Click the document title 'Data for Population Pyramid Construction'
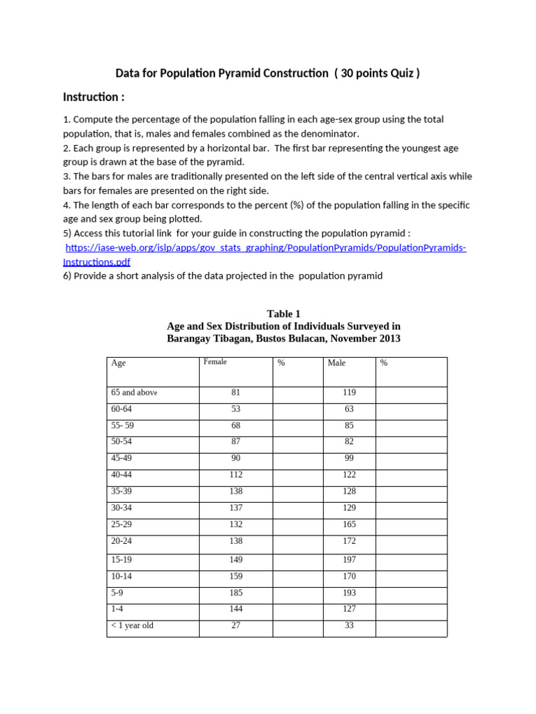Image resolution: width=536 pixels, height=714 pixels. pyautogui.click(x=221, y=73)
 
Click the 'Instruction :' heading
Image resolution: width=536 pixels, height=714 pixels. pyautogui.click(x=94, y=96)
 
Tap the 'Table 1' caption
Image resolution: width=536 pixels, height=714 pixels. pyautogui.click(x=283, y=314)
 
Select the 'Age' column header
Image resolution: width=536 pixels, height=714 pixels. pyautogui.click(x=118, y=363)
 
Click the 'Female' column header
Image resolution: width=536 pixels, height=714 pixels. pyautogui.click(x=215, y=362)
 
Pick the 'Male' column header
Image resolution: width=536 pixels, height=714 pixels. pyautogui.click(x=336, y=363)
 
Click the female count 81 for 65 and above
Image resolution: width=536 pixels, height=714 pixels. pyautogui.click(x=235, y=393)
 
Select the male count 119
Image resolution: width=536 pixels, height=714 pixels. pyautogui.click(x=349, y=393)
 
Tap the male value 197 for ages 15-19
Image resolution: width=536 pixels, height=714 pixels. pyautogui.click(x=349, y=560)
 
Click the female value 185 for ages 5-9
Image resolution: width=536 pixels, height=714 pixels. pyautogui.click(x=235, y=593)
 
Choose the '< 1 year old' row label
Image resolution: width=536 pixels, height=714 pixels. pyautogui.click(x=132, y=625)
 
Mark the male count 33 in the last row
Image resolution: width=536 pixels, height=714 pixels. pyautogui.click(x=349, y=625)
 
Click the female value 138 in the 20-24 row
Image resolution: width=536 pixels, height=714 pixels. pyautogui.click(x=235, y=541)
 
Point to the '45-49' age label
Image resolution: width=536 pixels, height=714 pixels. pyautogui.click(x=121, y=458)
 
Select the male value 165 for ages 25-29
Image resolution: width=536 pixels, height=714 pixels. pyautogui.click(x=349, y=524)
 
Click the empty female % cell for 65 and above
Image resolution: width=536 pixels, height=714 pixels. pyautogui.click(x=297, y=394)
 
